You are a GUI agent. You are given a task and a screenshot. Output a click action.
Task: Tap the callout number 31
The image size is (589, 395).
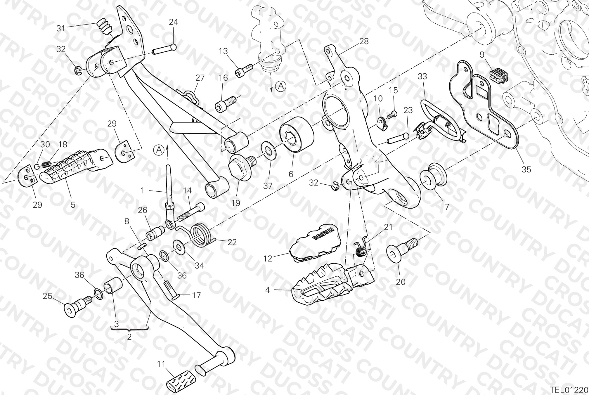(x=60, y=28)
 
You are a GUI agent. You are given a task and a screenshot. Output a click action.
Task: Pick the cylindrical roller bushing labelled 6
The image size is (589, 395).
(x=297, y=134)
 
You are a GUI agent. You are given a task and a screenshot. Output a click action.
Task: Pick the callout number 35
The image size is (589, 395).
(x=526, y=169)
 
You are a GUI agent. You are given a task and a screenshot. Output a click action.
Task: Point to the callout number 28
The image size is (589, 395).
(x=364, y=41)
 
